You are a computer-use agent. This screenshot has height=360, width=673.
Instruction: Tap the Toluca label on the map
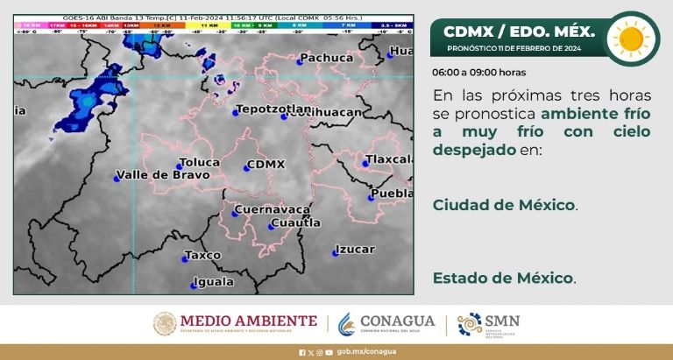point(198,162)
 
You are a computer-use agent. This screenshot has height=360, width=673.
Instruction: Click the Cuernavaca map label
point(272,210)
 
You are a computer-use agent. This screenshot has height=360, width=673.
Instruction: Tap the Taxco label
point(202,256)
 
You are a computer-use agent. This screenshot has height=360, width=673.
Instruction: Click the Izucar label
point(356,250)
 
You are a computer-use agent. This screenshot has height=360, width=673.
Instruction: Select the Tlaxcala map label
point(389,159)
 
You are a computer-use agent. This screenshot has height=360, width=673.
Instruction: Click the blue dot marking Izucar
point(336,254)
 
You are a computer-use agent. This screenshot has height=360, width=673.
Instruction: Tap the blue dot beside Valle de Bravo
point(117,179)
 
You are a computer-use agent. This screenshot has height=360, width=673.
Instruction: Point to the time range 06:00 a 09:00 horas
point(478,73)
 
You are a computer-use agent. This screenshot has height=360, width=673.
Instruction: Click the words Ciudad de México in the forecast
point(504,204)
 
